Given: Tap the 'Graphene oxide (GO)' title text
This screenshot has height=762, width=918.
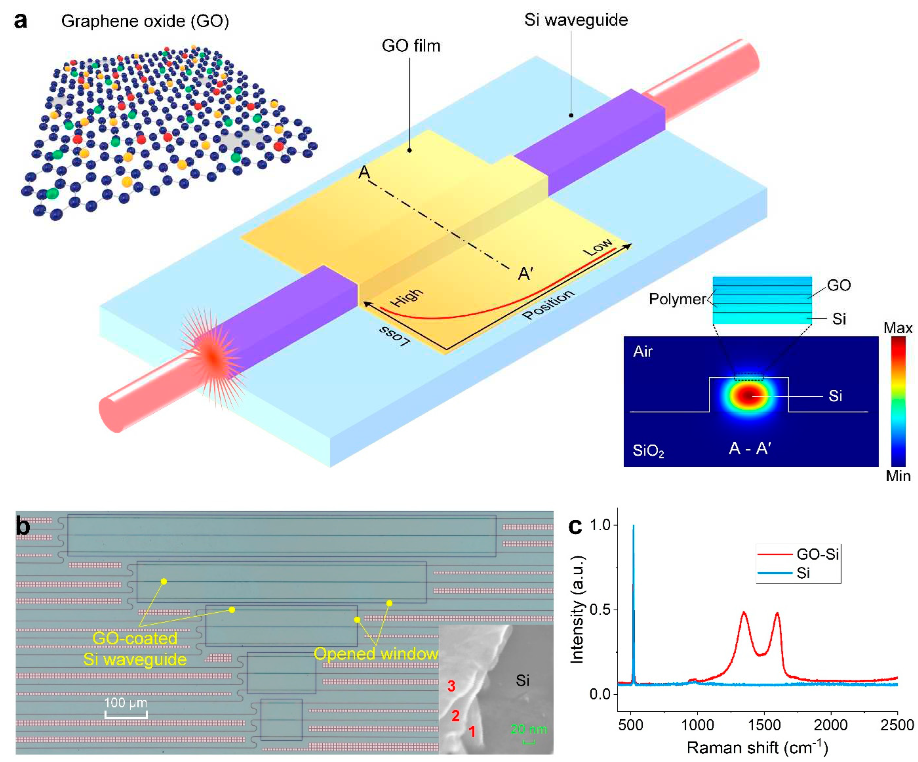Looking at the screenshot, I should click(x=145, y=21).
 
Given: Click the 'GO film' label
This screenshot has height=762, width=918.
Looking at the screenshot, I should click(x=411, y=45).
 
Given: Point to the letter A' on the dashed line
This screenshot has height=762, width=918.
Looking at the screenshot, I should click(x=525, y=274).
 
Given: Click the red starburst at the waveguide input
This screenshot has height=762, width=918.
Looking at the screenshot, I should click(x=213, y=358).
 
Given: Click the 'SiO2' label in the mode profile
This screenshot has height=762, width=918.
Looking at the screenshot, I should click(x=648, y=451).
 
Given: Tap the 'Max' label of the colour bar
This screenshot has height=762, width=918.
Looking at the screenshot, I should click(x=897, y=328).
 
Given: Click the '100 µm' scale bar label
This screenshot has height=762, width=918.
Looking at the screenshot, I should click(x=126, y=702).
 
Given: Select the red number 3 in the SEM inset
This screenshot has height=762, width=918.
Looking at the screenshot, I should click(x=451, y=686).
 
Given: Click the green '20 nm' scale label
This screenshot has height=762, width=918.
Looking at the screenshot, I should click(x=529, y=729).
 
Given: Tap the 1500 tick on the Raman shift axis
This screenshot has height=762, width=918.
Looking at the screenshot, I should click(x=764, y=725).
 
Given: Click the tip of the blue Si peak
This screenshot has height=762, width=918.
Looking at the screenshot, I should click(x=634, y=526).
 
